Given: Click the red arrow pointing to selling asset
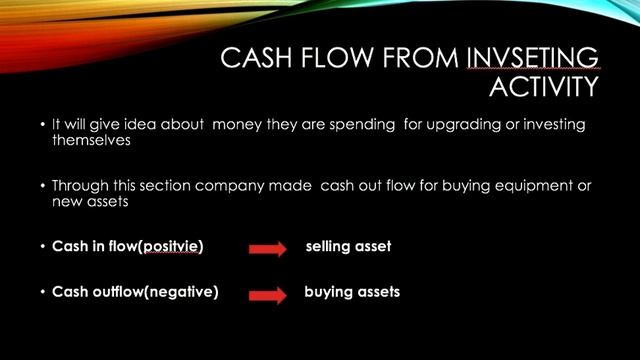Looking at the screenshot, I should point(267,249).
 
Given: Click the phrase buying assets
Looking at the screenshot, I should point(352,292).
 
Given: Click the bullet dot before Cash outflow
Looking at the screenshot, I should point(43,293).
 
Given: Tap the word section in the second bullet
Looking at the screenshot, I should point(170,186).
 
